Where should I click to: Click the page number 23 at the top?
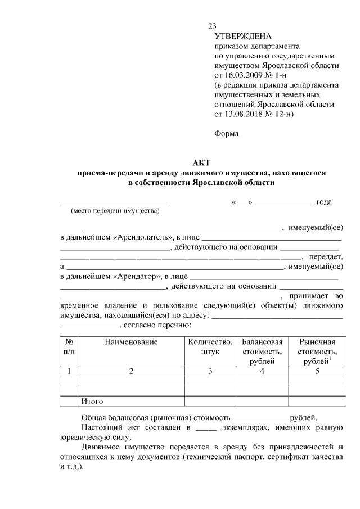click(212, 26)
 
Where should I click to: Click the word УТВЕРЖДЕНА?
click(239, 37)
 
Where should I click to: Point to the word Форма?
click(227, 133)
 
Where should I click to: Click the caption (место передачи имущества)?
click(115, 211)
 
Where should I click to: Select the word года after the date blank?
click(324, 202)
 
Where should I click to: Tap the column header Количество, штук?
click(210, 346)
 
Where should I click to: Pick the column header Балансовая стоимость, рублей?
click(262, 351)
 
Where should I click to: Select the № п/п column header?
click(69, 346)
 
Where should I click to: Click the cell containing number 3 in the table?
click(210, 371)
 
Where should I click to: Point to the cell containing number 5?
click(317, 371)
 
